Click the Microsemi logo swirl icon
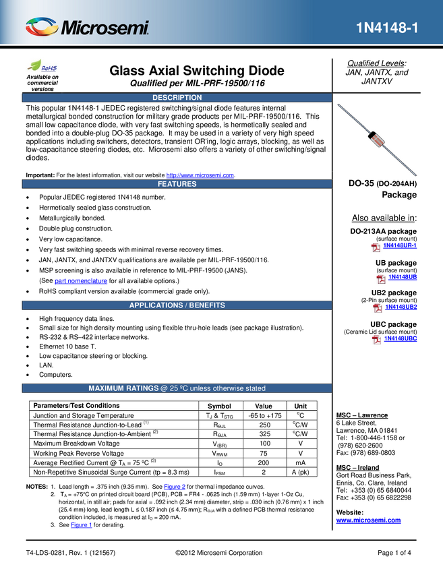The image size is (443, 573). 42,27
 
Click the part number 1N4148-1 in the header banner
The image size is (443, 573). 387,28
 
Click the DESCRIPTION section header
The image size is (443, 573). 177,98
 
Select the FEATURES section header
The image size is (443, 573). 177,184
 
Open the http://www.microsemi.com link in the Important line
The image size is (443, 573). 200,175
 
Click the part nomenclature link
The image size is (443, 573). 81,280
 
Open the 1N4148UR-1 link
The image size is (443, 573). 400,245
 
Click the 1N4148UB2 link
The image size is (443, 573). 401,307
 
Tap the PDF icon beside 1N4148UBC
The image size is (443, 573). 376,340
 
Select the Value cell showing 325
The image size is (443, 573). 264,433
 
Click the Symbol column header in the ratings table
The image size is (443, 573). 219,406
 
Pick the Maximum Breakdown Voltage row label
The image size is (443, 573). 76,444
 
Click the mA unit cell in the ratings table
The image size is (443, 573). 301,462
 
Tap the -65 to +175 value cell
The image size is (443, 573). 264,415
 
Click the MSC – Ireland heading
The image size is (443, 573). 357,467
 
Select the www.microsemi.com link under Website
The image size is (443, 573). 368,520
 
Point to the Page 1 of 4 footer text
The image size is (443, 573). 394,553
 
